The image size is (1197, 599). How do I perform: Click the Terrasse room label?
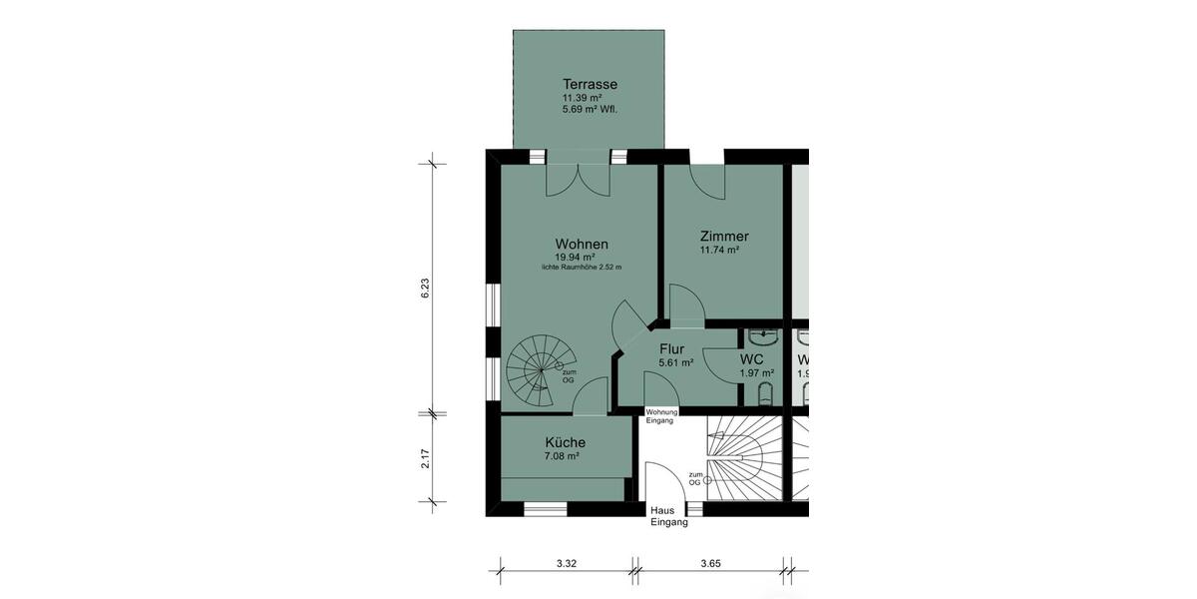pos(590,84)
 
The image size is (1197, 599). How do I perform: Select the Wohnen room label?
pos(582,244)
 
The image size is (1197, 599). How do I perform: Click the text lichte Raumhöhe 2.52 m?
pos(582,268)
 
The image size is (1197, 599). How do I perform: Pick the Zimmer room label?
pos(723,237)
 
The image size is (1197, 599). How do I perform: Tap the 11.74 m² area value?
pos(718,251)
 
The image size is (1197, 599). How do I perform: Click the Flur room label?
pos(672,349)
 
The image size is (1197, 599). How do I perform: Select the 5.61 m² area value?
pos(675,363)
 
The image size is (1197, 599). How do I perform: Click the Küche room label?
pos(565,442)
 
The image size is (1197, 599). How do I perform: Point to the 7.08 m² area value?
pos(562,456)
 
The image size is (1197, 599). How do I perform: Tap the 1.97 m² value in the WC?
pos(756,373)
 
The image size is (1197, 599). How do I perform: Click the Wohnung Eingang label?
pos(662,416)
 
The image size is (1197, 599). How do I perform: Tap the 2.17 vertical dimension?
pos(424,458)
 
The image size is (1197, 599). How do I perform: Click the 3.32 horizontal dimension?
pos(566,563)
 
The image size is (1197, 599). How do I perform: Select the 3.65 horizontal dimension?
pos(710,563)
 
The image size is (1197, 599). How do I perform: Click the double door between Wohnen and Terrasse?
pos(578,178)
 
